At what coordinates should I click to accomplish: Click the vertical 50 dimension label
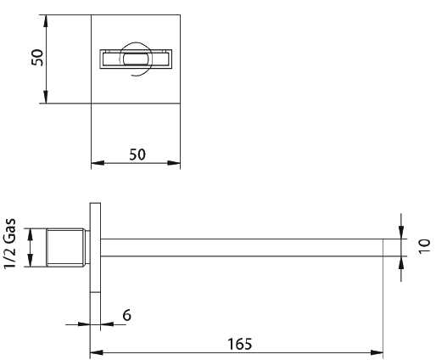tap(37, 58)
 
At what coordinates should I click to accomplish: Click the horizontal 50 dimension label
tap(137, 155)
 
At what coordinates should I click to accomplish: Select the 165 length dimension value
tap(240, 344)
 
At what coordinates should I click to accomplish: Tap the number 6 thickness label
tap(127, 315)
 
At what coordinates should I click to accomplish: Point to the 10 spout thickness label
tap(424, 246)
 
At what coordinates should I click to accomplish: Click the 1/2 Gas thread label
tap(10, 244)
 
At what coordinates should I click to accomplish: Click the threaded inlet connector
tap(68, 248)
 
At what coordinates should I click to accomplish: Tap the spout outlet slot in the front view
tap(136, 59)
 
